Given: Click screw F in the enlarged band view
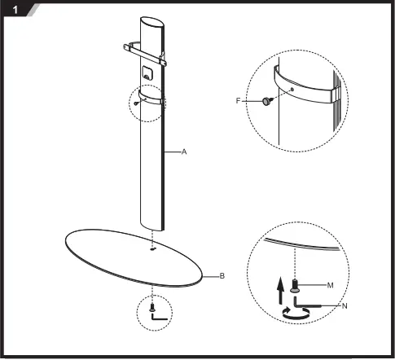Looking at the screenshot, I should (x=269, y=101).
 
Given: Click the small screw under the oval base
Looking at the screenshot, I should (x=151, y=308).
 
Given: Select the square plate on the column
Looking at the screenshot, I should (x=147, y=72).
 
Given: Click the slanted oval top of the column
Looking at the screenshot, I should (x=151, y=24).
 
